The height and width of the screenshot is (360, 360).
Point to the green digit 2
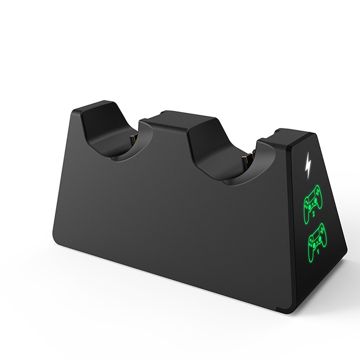[x=314, y=214]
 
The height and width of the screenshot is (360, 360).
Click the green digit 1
[x=318, y=252]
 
